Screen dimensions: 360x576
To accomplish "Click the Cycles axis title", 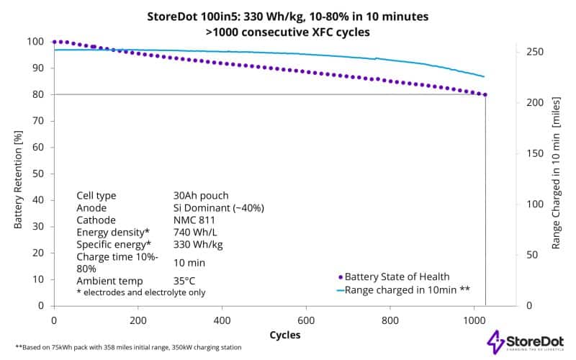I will [285, 335].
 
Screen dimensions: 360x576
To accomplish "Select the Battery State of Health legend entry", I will [397, 276].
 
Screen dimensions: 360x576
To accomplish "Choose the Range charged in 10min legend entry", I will [403, 290].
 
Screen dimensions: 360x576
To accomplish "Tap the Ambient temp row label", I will [109, 281].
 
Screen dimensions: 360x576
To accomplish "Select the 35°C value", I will [185, 281].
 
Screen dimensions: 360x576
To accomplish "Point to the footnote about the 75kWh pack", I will [128, 348].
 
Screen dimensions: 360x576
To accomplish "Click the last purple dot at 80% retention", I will [485, 94].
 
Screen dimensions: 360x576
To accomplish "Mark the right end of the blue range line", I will [484, 76].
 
